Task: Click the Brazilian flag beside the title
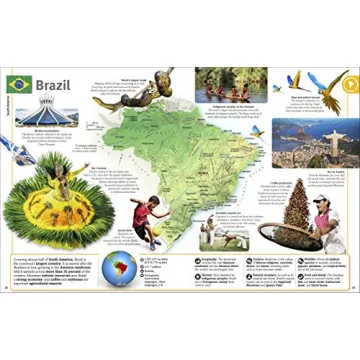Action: tap(19, 84)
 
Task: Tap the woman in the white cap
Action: tap(326, 216)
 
